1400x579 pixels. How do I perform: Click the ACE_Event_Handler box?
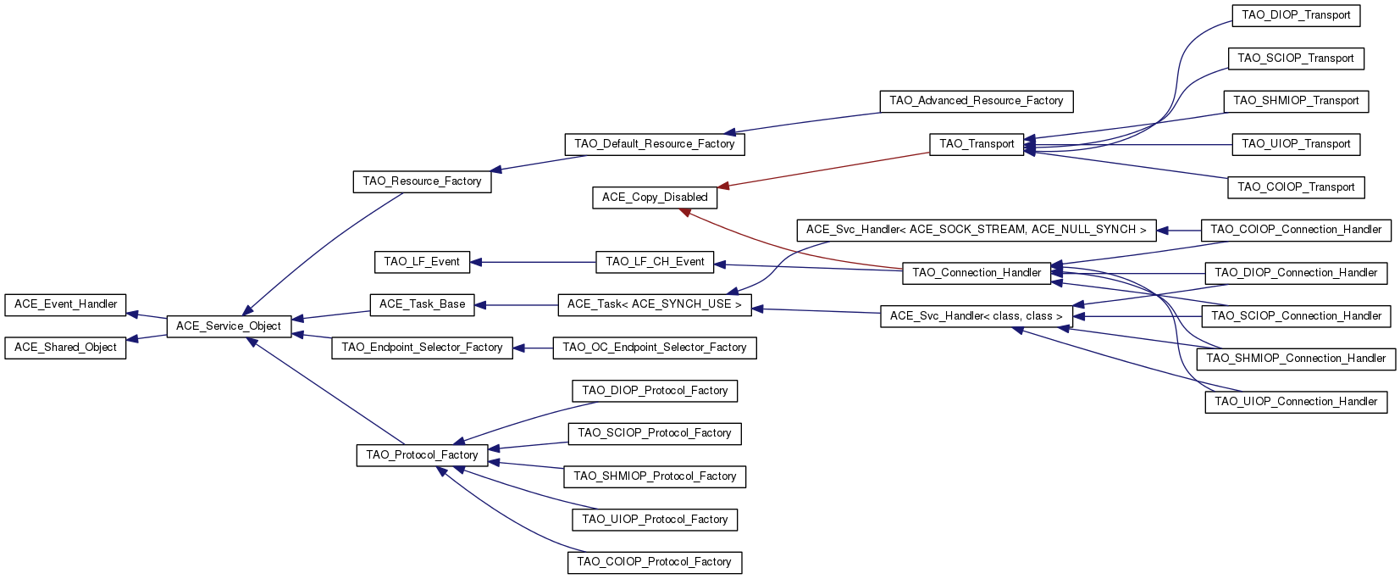65,304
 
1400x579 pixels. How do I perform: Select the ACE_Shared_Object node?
65,348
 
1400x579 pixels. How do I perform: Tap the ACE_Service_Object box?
229,326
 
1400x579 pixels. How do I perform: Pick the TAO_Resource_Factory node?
422,181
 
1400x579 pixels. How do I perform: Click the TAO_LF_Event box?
422,262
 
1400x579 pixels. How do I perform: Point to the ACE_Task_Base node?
422,304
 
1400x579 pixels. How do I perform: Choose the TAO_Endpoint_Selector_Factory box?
422,348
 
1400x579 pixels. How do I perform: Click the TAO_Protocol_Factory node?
422,455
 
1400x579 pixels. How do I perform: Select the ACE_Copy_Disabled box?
655,198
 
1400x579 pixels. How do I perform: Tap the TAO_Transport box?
977,144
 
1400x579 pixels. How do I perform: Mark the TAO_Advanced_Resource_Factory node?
977,101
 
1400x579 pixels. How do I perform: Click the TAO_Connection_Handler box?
977,273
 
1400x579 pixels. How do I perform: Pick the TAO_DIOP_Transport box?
1296,15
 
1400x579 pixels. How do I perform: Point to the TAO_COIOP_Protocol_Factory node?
655,562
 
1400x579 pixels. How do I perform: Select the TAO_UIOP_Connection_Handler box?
1296,402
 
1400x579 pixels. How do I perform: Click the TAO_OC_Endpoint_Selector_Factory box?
655,348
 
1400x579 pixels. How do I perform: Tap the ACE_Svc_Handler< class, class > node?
977,316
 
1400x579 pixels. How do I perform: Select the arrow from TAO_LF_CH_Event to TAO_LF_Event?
534,262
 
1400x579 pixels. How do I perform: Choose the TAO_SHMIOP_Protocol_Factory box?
655,476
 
